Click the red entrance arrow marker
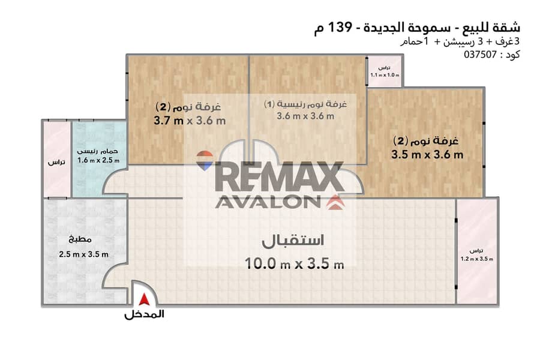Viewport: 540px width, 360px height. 144,299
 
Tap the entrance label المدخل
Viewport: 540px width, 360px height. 144,314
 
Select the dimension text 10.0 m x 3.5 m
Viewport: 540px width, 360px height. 294,264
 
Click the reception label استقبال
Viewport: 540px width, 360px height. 293,241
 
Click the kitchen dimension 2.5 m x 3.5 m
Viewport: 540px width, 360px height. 83,254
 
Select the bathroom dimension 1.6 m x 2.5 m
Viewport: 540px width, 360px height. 98,160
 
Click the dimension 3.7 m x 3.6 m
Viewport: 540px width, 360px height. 190,121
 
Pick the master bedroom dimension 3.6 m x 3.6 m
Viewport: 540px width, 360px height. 305,116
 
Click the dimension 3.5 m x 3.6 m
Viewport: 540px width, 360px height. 427,154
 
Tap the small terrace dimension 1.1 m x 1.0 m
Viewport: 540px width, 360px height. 385,75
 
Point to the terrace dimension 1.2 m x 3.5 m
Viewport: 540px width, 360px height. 477,259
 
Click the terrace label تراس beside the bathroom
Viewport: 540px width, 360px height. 56,162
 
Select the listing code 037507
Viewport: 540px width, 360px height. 480,55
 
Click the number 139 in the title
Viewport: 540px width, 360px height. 340,26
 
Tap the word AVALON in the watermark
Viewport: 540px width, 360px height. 268,202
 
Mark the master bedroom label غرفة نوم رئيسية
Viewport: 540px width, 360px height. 305,104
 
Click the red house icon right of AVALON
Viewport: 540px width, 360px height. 335,202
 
